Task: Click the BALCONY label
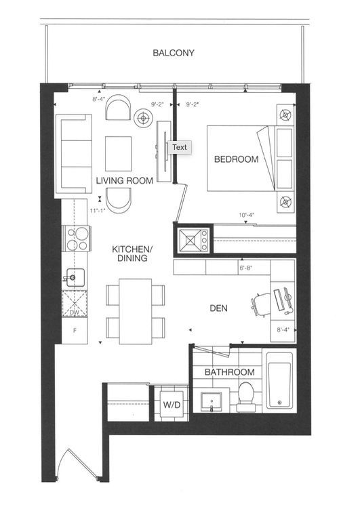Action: tap(174, 53)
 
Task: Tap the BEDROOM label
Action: tap(236, 159)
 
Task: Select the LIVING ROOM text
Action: tap(125, 180)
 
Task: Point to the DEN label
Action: tap(219, 308)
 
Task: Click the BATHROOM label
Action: tap(230, 372)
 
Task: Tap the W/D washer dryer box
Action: tap(172, 404)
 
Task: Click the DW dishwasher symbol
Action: tap(75, 303)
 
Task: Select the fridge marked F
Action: tap(75, 331)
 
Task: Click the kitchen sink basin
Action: tap(76, 277)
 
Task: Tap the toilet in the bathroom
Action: tap(246, 397)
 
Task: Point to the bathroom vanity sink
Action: tap(212, 402)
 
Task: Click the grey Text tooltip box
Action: tap(179, 148)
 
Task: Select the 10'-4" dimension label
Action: tap(247, 215)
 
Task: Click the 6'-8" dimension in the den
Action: tap(246, 268)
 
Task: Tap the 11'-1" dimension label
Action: tap(98, 211)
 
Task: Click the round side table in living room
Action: tap(143, 119)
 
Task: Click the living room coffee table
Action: tap(118, 154)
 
